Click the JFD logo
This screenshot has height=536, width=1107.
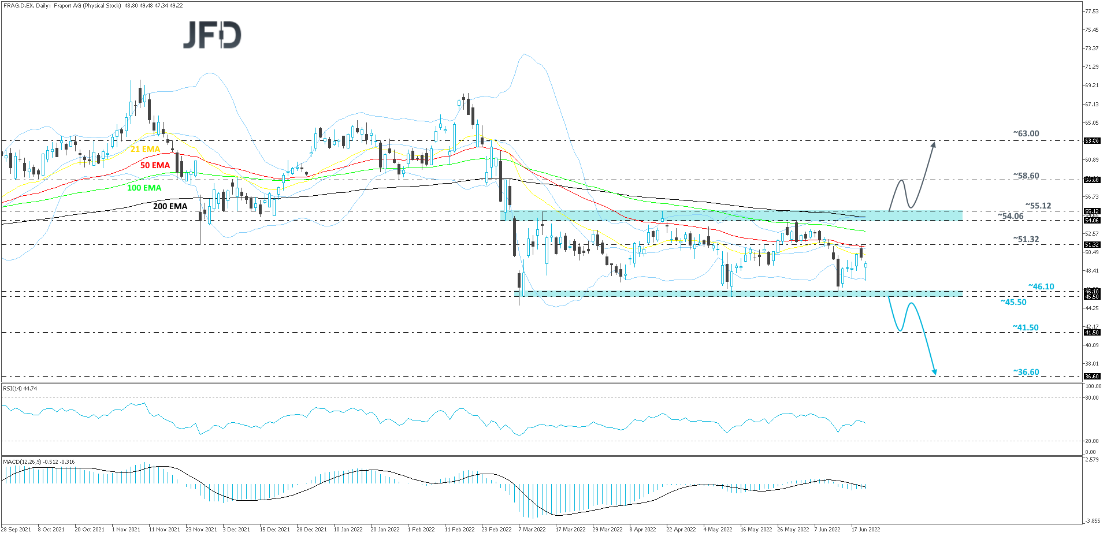212,35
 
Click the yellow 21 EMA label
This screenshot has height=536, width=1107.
145,149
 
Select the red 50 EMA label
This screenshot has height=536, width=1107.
155,165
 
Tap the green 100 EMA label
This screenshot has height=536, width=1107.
144,188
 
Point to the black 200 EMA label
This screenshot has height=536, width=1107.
170,206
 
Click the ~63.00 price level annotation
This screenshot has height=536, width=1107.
1026,133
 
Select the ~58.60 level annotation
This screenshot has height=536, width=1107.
1026,176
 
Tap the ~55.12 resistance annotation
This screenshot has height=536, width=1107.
1038,206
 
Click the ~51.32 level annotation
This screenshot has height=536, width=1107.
1026,239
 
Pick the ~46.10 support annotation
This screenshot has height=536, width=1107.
1041,286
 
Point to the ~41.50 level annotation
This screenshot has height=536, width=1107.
1026,327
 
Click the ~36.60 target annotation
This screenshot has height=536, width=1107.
1026,372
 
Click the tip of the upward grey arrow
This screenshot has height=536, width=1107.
934,142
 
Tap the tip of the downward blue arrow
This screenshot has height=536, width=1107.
934,374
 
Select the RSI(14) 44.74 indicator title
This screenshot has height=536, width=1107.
20,389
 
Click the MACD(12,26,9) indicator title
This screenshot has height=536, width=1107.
39,462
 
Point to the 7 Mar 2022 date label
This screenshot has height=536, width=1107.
532,529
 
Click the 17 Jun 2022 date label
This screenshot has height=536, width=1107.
865,529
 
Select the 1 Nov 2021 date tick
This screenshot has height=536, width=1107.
126,529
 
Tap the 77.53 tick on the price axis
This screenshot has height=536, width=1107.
1091,11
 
